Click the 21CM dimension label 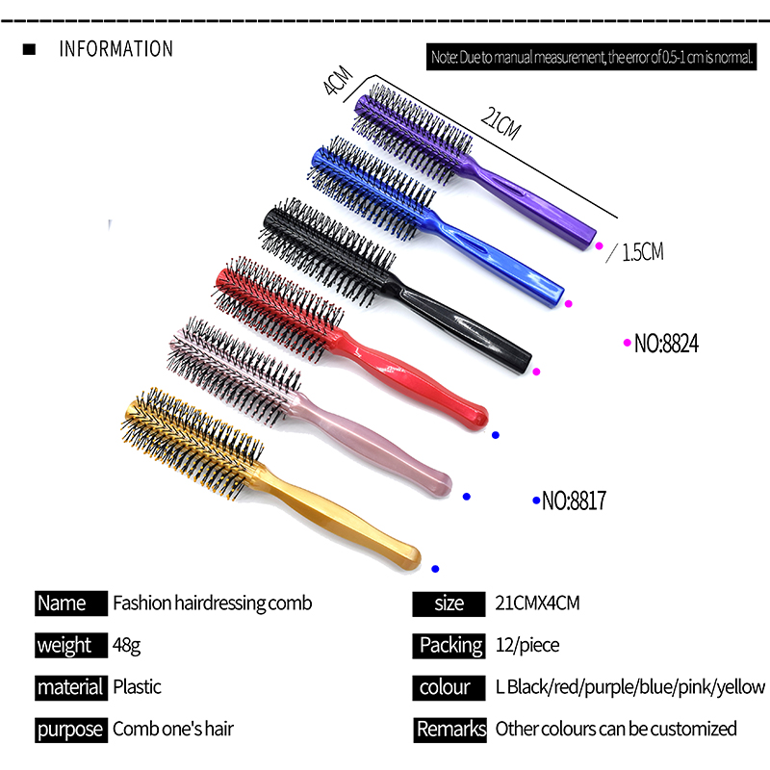pyautogui.click(x=500, y=124)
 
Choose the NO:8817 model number pyautogui.click(x=573, y=500)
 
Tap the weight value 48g pyautogui.click(x=127, y=645)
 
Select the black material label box pyautogui.click(x=70, y=687)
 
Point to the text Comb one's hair pyautogui.click(x=173, y=729)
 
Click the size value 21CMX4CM pyautogui.click(x=538, y=603)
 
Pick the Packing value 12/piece pyautogui.click(x=526, y=645)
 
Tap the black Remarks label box pyautogui.click(x=450, y=729)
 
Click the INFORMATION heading pyautogui.click(x=116, y=49)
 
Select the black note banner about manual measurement pyautogui.click(x=590, y=58)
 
